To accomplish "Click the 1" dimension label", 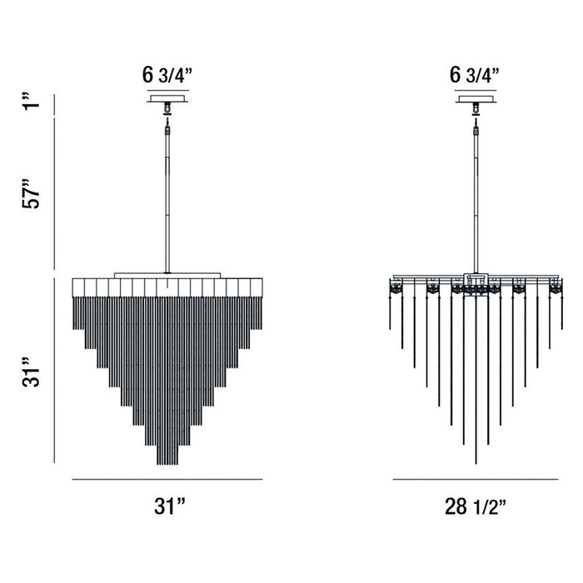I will click(31, 106).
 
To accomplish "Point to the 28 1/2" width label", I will click(475, 505).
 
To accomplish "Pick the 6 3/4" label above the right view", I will click(475, 74).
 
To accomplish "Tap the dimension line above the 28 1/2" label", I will click(476, 480).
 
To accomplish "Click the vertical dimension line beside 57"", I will click(55, 197).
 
